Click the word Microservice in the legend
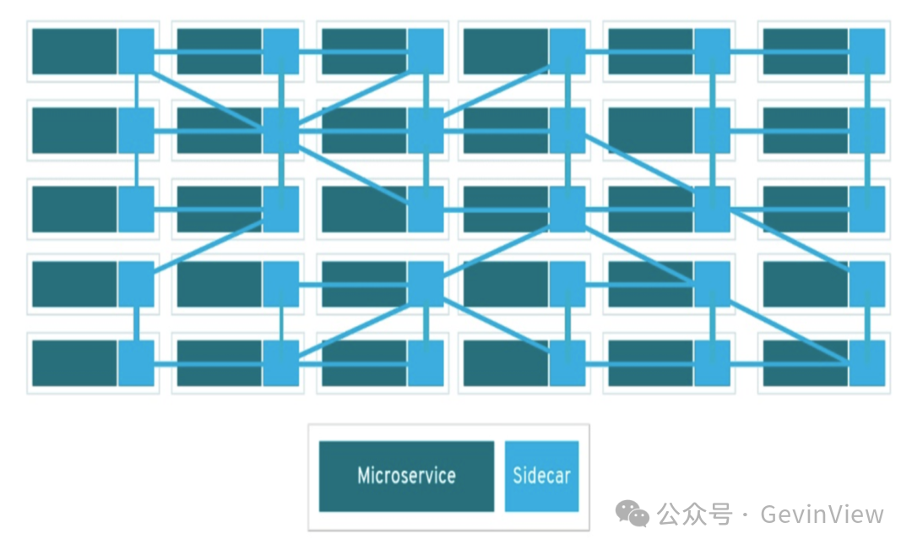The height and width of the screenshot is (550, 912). coord(406,476)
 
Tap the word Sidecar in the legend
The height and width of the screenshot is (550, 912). coord(541,476)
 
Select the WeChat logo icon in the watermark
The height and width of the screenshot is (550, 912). coord(632,513)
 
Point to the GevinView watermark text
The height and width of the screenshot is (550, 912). coord(822,514)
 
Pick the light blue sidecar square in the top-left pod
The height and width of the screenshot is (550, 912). coord(136,52)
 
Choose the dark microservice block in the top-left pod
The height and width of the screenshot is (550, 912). coord(74,52)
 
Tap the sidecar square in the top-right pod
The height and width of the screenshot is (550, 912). coord(867,52)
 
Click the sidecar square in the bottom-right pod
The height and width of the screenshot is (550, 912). coord(867,363)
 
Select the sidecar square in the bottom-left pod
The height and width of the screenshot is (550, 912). coord(136,363)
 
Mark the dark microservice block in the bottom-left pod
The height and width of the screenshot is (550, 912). coord(74,363)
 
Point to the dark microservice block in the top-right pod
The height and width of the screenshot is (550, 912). coord(805,52)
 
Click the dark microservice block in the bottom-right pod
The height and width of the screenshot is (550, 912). coord(805,363)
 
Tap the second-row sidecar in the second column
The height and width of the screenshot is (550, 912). coord(280,130)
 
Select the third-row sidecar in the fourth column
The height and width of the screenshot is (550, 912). coord(567,209)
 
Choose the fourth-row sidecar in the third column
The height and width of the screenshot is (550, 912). coord(426,284)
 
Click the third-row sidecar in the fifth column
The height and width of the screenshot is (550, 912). coord(712,209)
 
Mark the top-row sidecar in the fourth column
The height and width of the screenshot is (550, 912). coord(567,52)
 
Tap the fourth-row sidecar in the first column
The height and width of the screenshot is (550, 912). coord(136,284)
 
